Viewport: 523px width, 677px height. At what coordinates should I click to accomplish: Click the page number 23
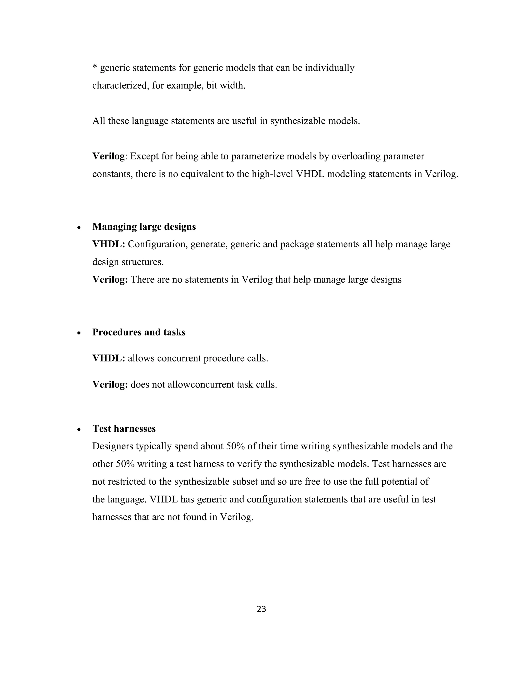point(261,609)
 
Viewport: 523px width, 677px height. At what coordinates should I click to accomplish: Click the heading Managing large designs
point(144,227)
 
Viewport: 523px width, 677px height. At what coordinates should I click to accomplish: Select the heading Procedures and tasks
point(139,332)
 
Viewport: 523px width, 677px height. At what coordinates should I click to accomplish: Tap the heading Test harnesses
point(124,428)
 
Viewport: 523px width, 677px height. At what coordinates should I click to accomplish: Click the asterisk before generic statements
point(94,67)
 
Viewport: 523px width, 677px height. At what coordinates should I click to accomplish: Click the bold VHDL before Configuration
point(108,244)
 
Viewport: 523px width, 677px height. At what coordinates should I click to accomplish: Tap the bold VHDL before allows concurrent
point(108,358)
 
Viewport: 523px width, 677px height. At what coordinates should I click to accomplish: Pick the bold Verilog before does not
point(110,385)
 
